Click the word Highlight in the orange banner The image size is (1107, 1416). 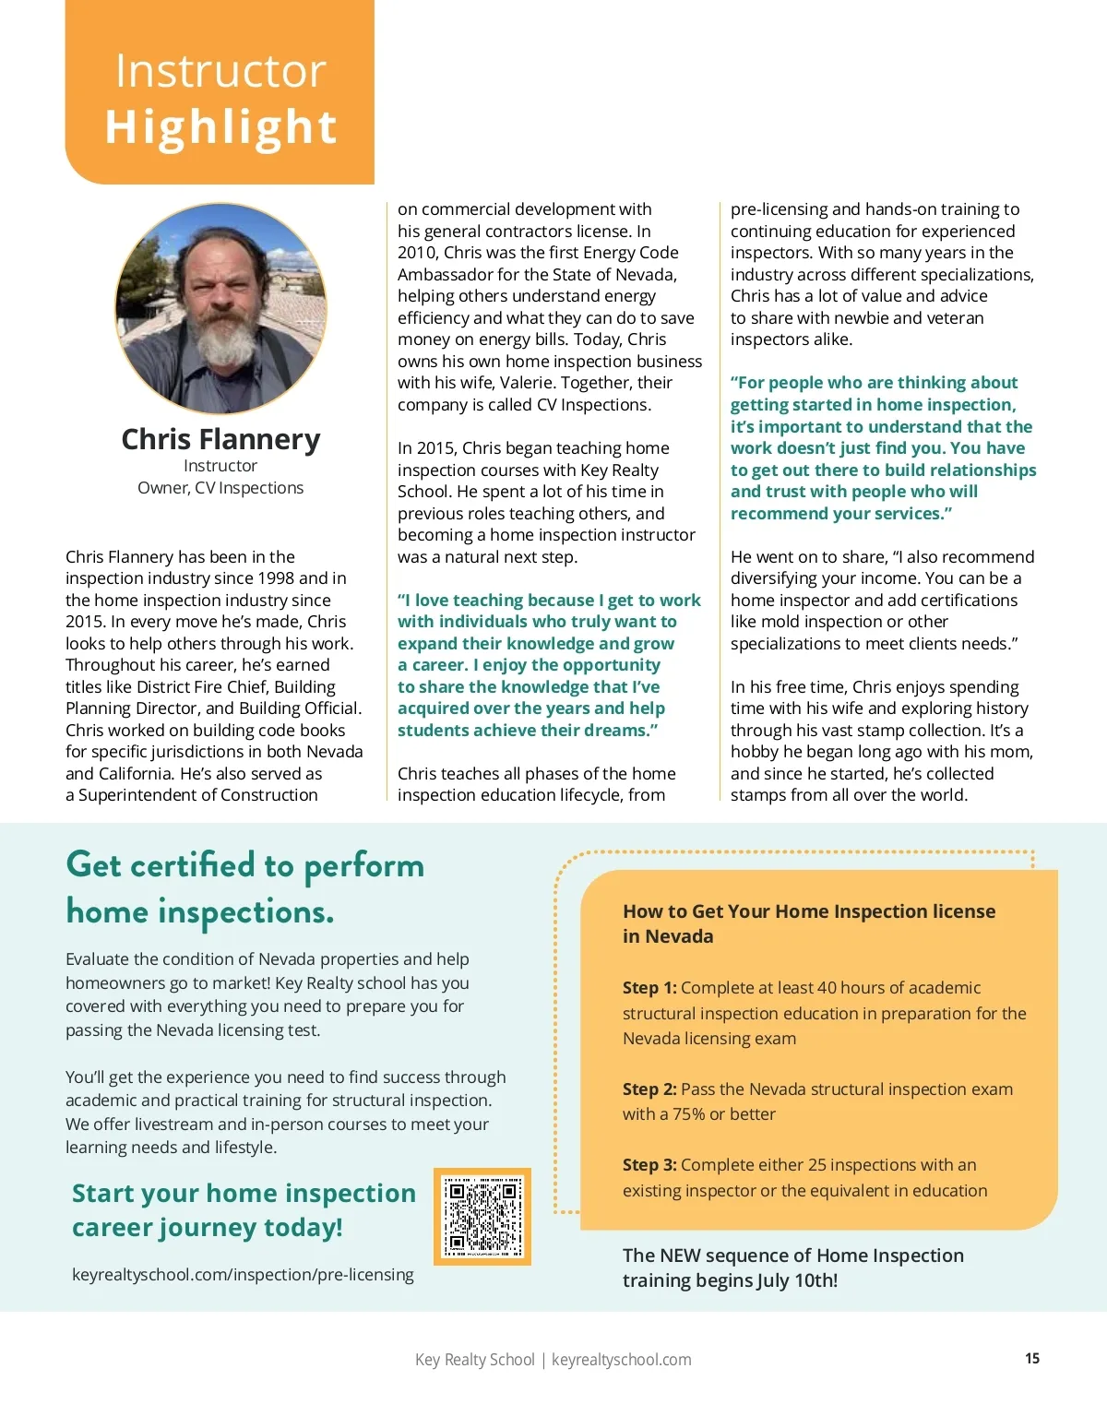click(x=220, y=127)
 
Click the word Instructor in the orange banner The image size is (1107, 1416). click(x=220, y=71)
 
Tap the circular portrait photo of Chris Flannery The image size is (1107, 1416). click(x=220, y=308)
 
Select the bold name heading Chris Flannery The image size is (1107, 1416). click(x=220, y=439)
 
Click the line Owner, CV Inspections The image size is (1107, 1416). click(x=220, y=488)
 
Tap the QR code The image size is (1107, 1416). click(x=482, y=1217)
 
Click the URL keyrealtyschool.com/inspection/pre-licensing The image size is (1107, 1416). click(x=243, y=1274)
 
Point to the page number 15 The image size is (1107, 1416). click(x=1032, y=1358)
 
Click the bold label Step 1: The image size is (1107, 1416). click(x=649, y=988)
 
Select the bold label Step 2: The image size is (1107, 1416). click(x=649, y=1089)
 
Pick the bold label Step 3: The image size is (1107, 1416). click(x=649, y=1165)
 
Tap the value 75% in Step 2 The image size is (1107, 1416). click(x=688, y=1114)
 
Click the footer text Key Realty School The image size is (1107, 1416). click(x=474, y=1360)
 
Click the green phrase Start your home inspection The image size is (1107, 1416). click(x=244, y=1193)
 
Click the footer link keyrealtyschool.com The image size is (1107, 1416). click(x=621, y=1360)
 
